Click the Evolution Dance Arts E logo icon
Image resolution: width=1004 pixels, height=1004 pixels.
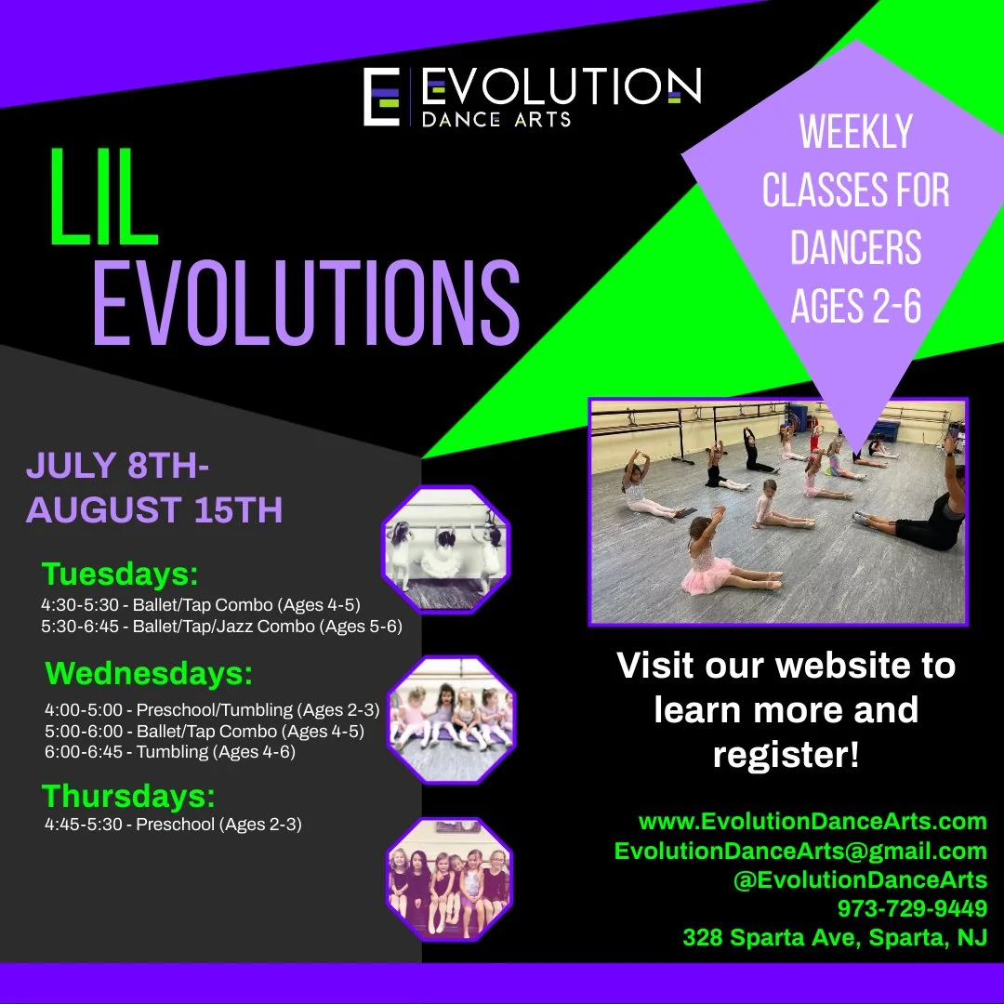(x=381, y=96)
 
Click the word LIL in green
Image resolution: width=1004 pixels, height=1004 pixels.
(x=103, y=197)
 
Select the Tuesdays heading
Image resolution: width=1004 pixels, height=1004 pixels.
(x=120, y=575)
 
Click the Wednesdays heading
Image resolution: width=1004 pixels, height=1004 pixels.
(x=149, y=673)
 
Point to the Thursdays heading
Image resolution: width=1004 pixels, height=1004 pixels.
(x=128, y=797)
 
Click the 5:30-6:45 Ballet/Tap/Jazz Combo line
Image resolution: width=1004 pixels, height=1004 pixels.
(x=221, y=627)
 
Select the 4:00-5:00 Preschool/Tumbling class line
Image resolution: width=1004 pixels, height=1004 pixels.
(x=212, y=710)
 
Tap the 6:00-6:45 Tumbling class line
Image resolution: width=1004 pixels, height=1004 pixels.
(x=169, y=752)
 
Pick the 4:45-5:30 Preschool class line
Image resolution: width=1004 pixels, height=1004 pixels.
(x=173, y=824)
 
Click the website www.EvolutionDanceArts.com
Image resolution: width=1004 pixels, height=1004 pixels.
(x=812, y=822)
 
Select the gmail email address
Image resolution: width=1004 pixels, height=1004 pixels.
(x=800, y=851)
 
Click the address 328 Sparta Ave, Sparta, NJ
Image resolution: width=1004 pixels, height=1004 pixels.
(x=835, y=937)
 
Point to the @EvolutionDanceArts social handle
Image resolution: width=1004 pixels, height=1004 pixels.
(x=860, y=879)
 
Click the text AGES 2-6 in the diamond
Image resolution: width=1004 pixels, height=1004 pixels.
(x=855, y=306)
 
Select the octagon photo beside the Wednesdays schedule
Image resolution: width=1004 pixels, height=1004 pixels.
(x=451, y=719)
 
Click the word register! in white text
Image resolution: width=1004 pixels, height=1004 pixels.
(x=786, y=755)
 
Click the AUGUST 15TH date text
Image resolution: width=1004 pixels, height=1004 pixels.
(x=154, y=510)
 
